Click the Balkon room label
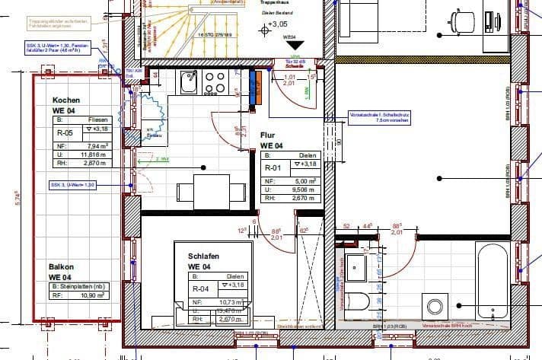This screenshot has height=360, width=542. point(62,267)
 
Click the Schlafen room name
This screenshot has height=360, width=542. point(204,257)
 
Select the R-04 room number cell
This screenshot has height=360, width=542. point(201,288)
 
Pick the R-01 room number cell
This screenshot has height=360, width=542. point(273,168)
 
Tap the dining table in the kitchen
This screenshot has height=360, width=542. point(211,191)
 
